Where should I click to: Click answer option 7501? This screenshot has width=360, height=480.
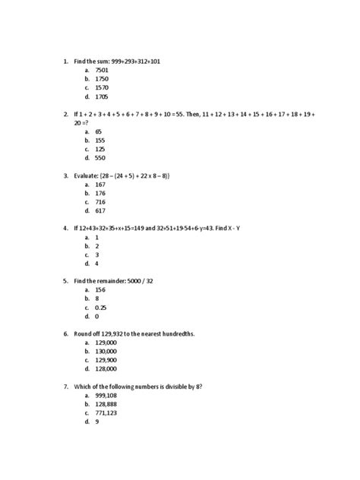tap(103, 69)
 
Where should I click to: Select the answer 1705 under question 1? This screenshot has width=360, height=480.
tap(103, 97)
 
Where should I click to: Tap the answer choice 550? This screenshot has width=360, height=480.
tap(101, 159)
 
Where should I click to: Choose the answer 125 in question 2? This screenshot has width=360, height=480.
tap(101, 150)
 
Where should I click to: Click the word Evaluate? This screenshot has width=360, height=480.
tap(90, 175)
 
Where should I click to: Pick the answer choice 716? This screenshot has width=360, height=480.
tap(101, 203)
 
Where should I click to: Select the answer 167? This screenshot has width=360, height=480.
tap(101, 185)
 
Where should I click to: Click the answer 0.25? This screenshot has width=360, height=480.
tap(103, 308)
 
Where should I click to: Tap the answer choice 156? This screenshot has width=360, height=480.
tap(101, 289)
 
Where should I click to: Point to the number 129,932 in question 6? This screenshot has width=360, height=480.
tap(113, 333)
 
